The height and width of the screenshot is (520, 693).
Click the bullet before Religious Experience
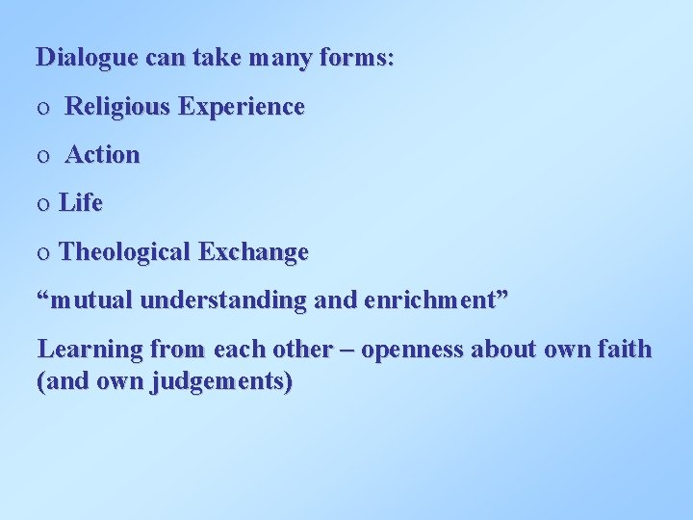(x=41, y=108)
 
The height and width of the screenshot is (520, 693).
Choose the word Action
(x=102, y=155)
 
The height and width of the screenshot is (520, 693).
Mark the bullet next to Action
(x=41, y=156)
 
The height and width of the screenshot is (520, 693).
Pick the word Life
(x=81, y=203)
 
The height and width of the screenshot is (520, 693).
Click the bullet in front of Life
(x=41, y=204)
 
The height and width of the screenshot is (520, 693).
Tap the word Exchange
(x=253, y=252)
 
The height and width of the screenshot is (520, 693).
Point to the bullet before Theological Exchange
(x=41, y=253)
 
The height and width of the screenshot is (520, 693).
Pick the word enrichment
(x=425, y=300)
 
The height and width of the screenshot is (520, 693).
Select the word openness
(x=411, y=350)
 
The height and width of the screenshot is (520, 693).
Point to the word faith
(x=626, y=349)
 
